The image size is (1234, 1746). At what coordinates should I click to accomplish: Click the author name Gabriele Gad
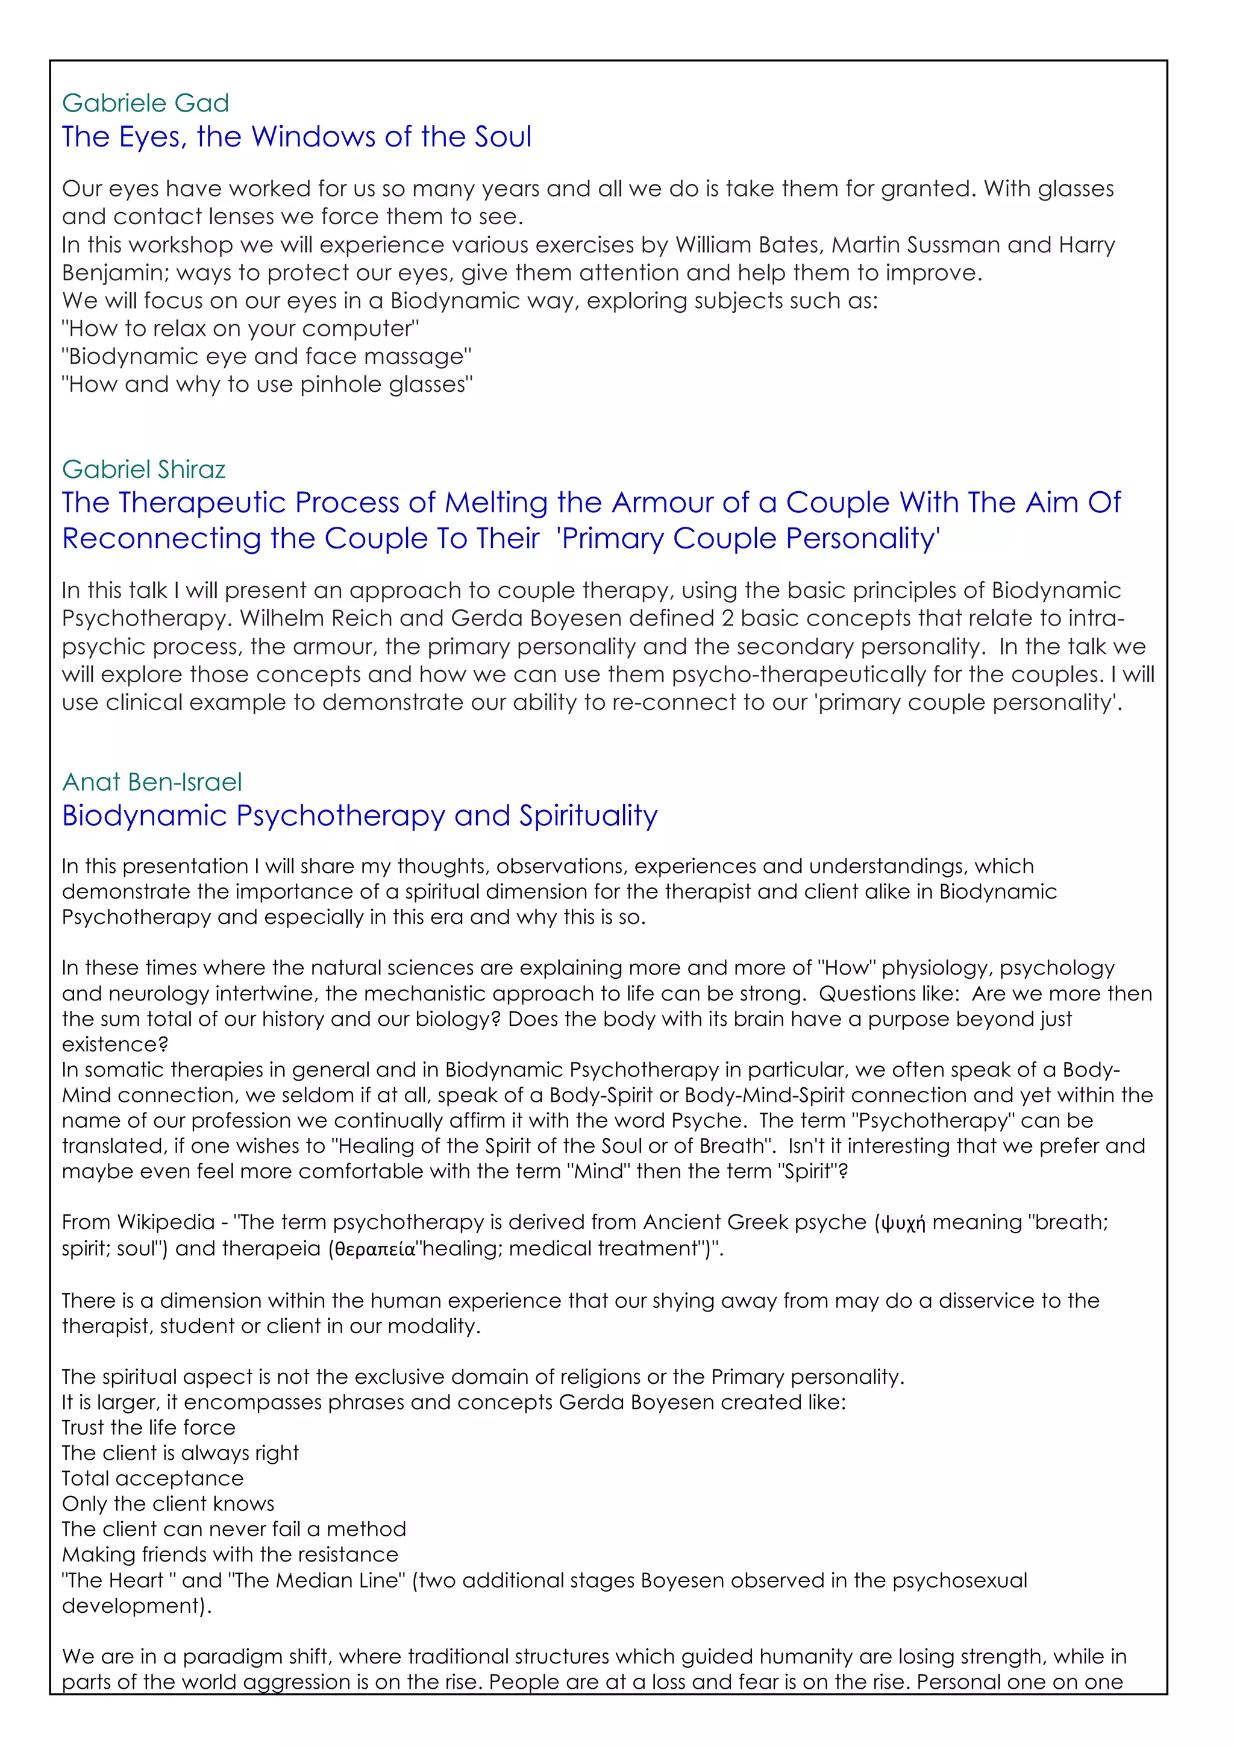tap(145, 102)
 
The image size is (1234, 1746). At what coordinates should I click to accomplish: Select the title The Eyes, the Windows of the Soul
tap(296, 137)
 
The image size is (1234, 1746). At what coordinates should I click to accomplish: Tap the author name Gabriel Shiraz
tap(143, 469)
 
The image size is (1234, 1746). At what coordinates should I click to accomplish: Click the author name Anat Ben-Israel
tap(152, 782)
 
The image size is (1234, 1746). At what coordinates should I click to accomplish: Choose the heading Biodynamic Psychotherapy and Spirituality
tap(360, 815)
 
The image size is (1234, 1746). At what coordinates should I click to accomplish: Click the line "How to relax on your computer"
tap(240, 328)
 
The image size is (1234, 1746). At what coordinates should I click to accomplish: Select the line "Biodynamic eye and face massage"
tap(267, 357)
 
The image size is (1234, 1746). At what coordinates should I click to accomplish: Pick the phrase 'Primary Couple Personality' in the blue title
tap(748, 538)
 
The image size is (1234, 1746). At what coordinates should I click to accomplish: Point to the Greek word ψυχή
tap(903, 1223)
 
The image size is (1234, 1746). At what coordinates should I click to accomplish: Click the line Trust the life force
tap(148, 1427)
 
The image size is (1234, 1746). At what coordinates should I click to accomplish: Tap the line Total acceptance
tap(153, 1478)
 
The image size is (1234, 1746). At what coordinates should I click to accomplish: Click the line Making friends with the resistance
tap(230, 1554)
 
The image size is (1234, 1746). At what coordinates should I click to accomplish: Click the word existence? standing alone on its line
tap(115, 1044)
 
